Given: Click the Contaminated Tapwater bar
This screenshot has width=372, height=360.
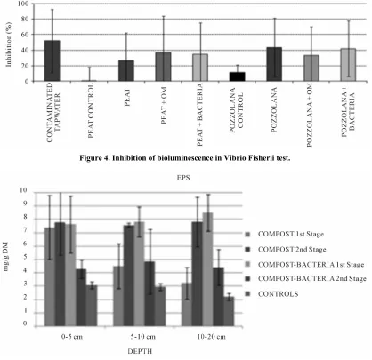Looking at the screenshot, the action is click(x=53, y=60).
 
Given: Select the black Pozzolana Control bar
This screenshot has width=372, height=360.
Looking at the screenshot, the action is click(x=238, y=76).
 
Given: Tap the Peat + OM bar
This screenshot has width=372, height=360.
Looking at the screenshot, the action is click(x=163, y=67).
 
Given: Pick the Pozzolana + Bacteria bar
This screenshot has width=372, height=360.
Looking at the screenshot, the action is click(x=348, y=65).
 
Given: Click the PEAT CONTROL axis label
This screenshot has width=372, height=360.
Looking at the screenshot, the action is click(x=91, y=110).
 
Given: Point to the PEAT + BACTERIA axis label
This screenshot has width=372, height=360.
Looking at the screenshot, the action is click(x=200, y=115).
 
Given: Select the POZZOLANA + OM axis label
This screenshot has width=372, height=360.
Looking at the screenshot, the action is click(x=310, y=115).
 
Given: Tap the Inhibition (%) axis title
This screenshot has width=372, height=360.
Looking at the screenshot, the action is click(x=9, y=44).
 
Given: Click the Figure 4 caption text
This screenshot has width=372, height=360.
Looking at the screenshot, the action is click(x=184, y=158).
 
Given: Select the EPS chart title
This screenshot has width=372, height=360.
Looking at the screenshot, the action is click(x=183, y=178).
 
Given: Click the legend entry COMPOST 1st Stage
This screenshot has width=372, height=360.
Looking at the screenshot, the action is click(x=285, y=234).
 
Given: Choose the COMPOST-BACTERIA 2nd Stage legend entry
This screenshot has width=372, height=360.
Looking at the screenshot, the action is click(x=305, y=279).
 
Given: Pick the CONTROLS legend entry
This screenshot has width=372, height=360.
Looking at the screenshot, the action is click(x=271, y=294).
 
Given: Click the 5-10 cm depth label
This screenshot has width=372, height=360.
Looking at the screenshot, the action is click(x=143, y=337).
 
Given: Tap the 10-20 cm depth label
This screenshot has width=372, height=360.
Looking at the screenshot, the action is click(x=212, y=337).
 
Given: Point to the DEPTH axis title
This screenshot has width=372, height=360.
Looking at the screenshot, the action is click(x=140, y=351).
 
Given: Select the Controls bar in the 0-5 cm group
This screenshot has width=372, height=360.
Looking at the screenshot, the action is click(x=92, y=306).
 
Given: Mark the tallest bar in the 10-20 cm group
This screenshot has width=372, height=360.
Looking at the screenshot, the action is click(x=207, y=269).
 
